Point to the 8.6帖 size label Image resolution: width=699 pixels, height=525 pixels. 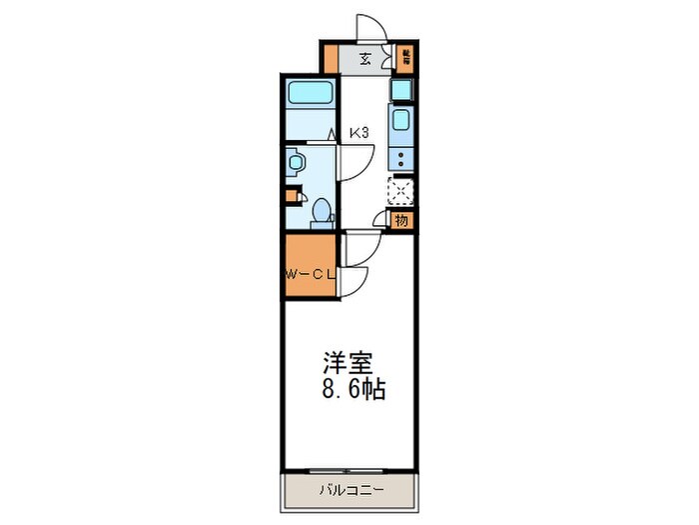pyautogui.click(x=350, y=389)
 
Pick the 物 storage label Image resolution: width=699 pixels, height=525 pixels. pyautogui.click(x=400, y=220)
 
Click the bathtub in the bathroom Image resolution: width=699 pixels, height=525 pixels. pyautogui.click(x=311, y=96)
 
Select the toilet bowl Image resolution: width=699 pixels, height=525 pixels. pyautogui.click(x=321, y=210)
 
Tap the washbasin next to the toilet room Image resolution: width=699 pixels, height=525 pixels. pyautogui.click(x=296, y=162)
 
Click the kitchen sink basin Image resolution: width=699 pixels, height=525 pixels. pyautogui.click(x=400, y=123)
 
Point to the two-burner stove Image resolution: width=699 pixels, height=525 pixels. pyautogui.click(x=400, y=157)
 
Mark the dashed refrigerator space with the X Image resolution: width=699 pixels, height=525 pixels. pyautogui.click(x=400, y=190)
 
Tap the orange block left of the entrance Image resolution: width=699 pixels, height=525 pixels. pyautogui.click(x=330, y=58)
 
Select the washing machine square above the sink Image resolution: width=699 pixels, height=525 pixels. pyautogui.click(x=399, y=90)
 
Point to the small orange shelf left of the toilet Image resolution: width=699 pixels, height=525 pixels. pyautogui.click(x=290, y=196)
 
